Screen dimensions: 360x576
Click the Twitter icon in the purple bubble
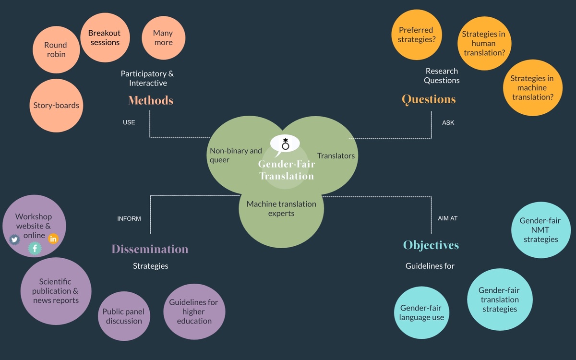click(x=14, y=239)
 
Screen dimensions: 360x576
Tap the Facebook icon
click(x=35, y=248)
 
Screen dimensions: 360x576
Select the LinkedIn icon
click(x=53, y=239)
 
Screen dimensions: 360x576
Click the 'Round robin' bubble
click(x=56, y=50)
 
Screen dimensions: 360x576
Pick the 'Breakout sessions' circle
click(x=105, y=38)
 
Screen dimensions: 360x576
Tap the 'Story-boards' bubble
click(x=56, y=106)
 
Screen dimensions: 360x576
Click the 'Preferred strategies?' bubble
click(x=417, y=35)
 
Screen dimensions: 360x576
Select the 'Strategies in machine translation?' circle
click(x=532, y=87)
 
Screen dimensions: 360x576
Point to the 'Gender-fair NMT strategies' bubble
click(x=540, y=230)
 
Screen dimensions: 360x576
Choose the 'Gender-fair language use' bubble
click(x=421, y=312)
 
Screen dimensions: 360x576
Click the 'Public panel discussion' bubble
click(x=124, y=316)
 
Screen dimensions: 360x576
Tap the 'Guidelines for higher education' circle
click(x=194, y=312)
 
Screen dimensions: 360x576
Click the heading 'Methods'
click(x=151, y=101)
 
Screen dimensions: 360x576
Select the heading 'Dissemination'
click(x=150, y=249)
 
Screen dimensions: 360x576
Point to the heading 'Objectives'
click(x=431, y=245)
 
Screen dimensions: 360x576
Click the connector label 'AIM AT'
click(x=448, y=218)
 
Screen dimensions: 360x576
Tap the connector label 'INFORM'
click(x=129, y=219)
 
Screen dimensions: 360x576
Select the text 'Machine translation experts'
click(x=281, y=208)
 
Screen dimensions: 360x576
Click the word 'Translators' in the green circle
click(x=336, y=156)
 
